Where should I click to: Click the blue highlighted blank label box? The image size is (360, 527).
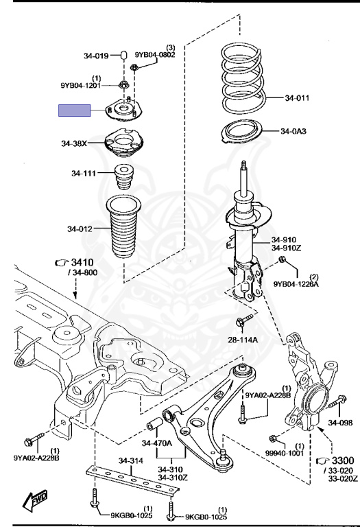pyautogui.click(x=75, y=110)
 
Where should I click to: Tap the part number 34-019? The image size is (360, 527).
pyautogui.click(x=96, y=56)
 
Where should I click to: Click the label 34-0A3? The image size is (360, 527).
pyautogui.click(x=293, y=131)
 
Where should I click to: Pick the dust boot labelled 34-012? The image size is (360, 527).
pyautogui.click(x=123, y=228)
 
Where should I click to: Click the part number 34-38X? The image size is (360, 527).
pyautogui.click(x=74, y=143)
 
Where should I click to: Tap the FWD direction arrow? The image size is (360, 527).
pyautogui.click(x=34, y=500)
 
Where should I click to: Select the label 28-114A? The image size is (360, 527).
pyautogui.click(x=243, y=340)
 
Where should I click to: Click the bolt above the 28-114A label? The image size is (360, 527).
pyautogui.click(x=244, y=320)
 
